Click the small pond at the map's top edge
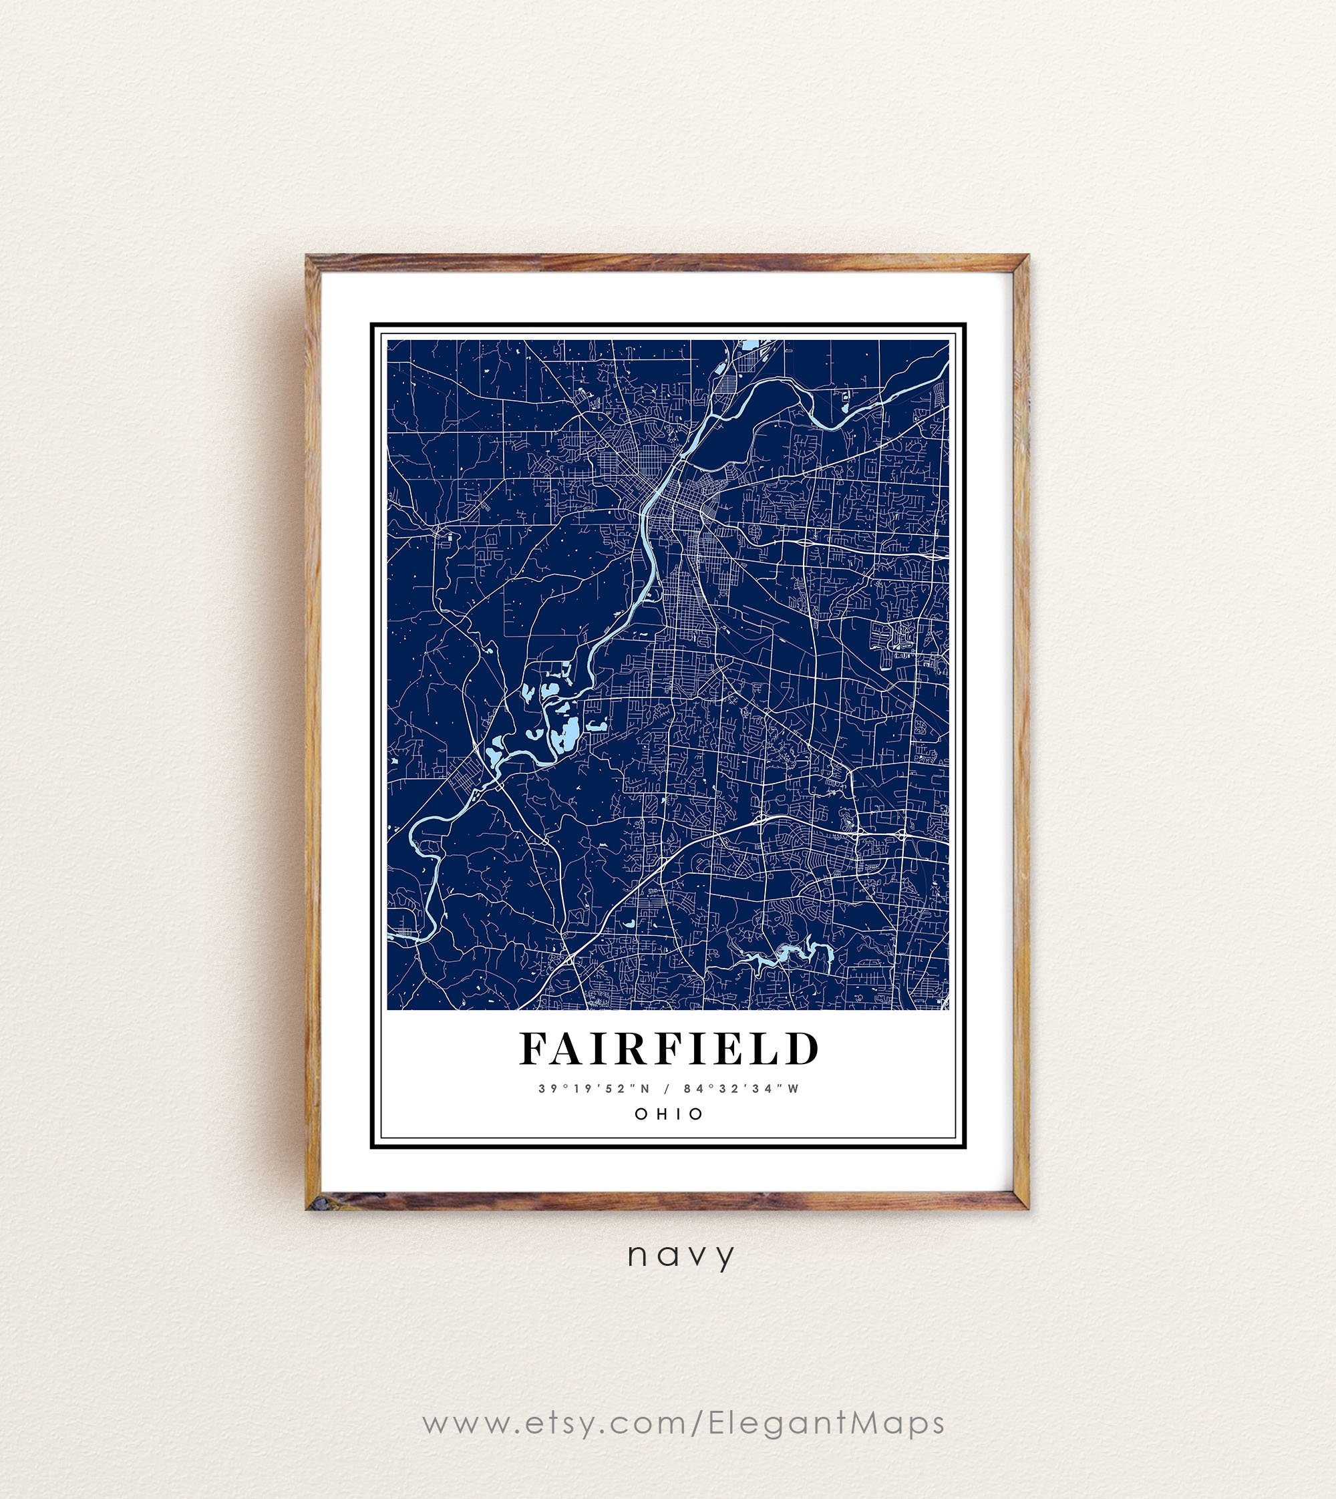tap(749, 344)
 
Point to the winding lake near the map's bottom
tap(784, 955)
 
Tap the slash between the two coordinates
tap(667, 1089)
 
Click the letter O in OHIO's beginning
tap(641, 1114)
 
